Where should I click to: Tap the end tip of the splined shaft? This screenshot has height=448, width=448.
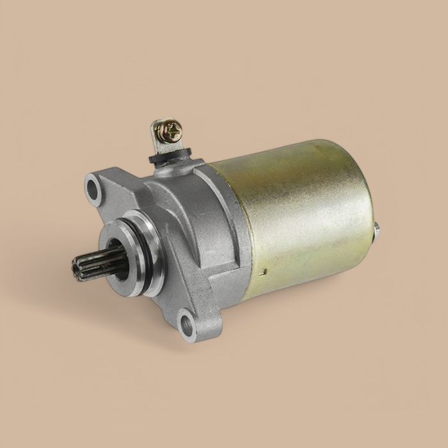click(x=72, y=263)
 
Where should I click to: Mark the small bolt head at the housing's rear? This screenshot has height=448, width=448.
click(x=379, y=228)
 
